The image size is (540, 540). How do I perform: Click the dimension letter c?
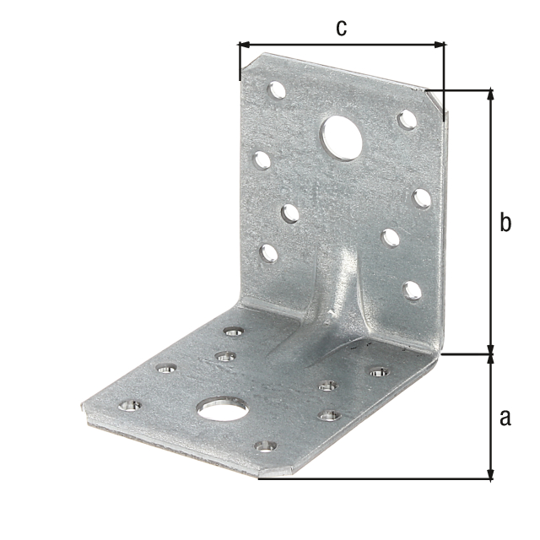point(341,27)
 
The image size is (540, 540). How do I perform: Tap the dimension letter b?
point(505,223)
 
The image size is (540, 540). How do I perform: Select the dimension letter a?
point(505,417)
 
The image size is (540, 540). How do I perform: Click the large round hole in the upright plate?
point(341,138)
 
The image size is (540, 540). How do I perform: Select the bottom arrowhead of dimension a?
point(490,474)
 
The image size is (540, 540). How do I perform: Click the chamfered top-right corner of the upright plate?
point(434,100)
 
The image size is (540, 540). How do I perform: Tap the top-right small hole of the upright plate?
point(408,119)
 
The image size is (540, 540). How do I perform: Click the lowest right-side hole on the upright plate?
point(412,290)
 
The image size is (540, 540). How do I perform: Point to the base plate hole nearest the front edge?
point(266,445)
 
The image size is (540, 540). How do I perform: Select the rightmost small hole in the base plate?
point(379,371)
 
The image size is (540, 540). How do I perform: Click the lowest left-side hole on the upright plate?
point(269,251)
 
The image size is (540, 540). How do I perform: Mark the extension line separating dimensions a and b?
point(464,354)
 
